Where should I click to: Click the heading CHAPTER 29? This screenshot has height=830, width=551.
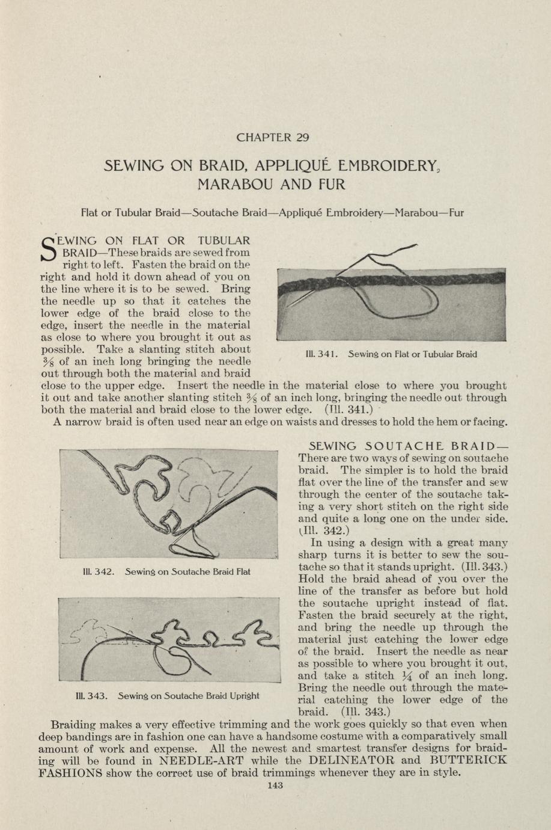click(273, 137)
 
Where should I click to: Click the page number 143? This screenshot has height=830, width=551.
click(275, 785)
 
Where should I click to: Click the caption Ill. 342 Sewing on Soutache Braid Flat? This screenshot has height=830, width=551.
click(166, 571)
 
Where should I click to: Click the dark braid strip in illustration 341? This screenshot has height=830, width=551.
click(391, 280)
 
